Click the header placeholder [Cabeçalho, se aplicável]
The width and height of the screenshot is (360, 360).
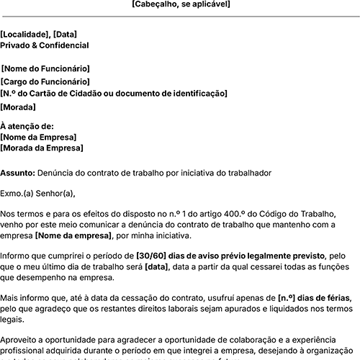pos(181,4)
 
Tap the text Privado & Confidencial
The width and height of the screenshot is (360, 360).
pos(45,45)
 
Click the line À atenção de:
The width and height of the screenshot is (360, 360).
pos(27,126)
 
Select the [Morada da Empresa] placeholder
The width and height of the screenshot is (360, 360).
pos(42,148)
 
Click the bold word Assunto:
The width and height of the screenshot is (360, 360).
pos(17,174)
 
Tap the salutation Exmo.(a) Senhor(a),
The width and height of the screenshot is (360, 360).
pos(37,193)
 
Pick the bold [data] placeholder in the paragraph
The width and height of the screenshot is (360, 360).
pos(156,267)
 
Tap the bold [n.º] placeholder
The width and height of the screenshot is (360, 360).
pos(288,298)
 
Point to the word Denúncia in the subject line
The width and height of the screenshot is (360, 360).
pos(55,174)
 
